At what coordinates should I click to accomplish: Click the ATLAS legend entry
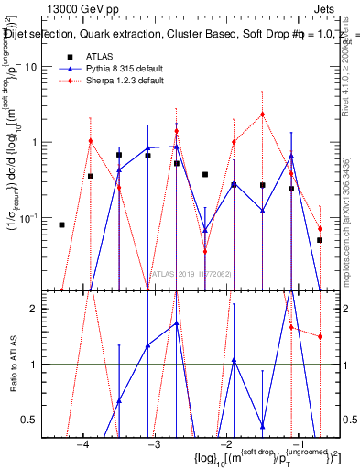99,57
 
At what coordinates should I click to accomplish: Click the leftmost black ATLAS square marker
61,224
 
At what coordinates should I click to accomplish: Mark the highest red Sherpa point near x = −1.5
262,115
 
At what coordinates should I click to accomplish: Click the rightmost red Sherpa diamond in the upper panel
320,229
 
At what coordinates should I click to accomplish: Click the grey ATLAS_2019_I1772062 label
191,272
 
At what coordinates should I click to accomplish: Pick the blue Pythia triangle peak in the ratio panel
177,323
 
